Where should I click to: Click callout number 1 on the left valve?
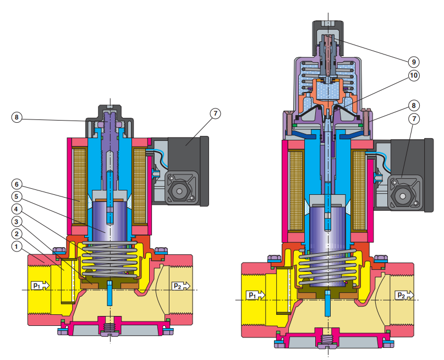(17, 247)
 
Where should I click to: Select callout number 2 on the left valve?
(17, 234)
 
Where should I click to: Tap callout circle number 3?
(17, 221)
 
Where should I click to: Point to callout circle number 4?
(17, 209)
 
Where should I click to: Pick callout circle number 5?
(17, 197)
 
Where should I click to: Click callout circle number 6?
(17, 184)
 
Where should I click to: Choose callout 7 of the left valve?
(215, 113)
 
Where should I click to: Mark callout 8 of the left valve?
(17, 117)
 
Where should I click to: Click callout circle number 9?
(414, 62)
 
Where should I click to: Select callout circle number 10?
(414, 75)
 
